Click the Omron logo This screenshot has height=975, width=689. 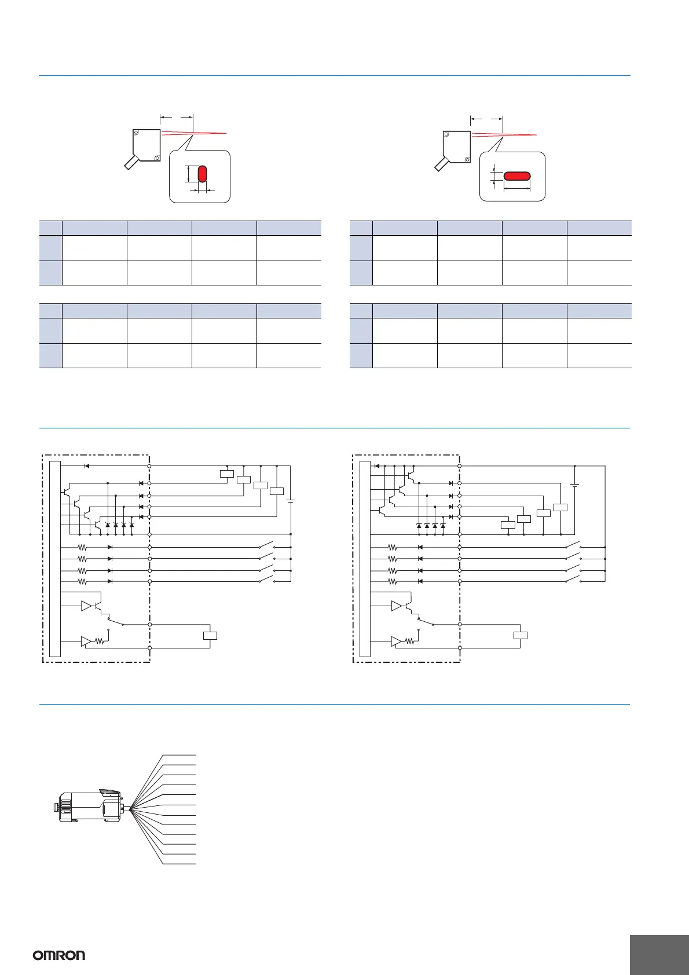click(x=59, y=955)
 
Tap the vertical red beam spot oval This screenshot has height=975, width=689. click(x=202, y=174)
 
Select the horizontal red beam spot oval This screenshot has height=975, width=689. click(x=516, y=176)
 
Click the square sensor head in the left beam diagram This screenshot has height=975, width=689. click(x=146, y=145)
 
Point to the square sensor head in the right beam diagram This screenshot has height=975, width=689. click(x=457, y=145)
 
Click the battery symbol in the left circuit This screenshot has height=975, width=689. click(x=291, y=501)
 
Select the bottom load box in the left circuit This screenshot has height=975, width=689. click(x=210, y=636)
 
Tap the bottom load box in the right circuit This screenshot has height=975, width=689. click(x=521, y=636)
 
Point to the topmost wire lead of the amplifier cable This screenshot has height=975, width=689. click(x=179, y=755)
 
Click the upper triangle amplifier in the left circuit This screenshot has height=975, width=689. click(x=87, y=606)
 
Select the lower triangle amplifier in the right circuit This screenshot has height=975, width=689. click(x=397, y=642)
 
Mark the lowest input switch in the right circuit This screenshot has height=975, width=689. click(x=573, y=580)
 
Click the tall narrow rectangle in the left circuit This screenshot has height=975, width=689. click(x=55, y=559)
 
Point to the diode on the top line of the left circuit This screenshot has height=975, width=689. click(x=87, y=465)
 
